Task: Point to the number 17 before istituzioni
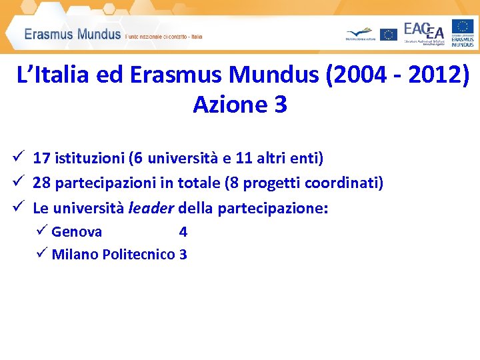[x=41, y=158]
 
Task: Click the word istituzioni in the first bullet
[x=90, y=158]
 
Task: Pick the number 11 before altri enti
[x=244, y=158]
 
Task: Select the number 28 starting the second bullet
[x=42, y=183]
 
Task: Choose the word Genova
[x=77, y=232]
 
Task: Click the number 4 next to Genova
[x=183, y=232]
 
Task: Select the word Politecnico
[x=139, y=254]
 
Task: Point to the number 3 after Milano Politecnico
[x=183, y=254]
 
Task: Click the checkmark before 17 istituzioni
[x=18, y=157]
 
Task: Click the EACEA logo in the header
[x=424, y=33]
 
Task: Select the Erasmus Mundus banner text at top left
[x=73, y=34]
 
